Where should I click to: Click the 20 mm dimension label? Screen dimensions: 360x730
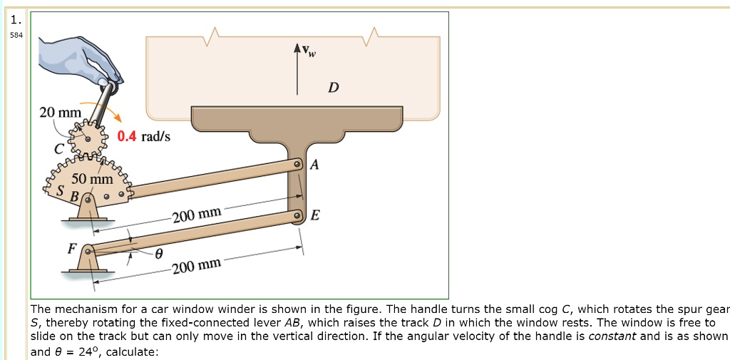61,113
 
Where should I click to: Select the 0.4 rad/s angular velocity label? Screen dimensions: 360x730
144,136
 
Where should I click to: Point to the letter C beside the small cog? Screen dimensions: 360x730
60,149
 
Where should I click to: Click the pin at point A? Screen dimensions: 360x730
299,165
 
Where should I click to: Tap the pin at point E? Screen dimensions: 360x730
299,215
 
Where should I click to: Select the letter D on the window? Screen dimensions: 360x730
334,88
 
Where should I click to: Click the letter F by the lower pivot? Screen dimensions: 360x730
71,249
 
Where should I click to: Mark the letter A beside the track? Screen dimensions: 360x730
314,165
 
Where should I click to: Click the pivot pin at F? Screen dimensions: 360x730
88,251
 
